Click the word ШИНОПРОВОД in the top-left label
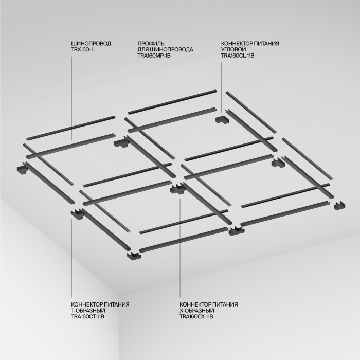pos(91,44)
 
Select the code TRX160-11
pos(84,49)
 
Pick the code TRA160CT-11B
pos(88,317)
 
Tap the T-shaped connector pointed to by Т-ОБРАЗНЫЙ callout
pos(76,213)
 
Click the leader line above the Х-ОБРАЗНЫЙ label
pos(179,247)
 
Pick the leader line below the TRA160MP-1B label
pos(138,82)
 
